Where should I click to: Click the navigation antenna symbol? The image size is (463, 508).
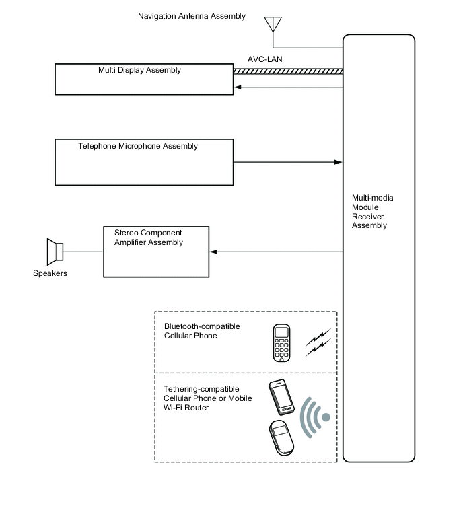coord(272,24)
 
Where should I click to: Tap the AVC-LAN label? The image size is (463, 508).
coord(265,59)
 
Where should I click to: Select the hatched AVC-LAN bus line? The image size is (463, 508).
coord(288,71)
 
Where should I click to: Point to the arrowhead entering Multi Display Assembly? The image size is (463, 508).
coord(238,87)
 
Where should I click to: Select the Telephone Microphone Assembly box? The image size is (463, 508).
coord(144,162)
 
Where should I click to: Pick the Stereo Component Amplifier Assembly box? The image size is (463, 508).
coord(156,252)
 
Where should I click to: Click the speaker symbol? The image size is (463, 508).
coord(55,252)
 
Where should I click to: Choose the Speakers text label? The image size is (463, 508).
coord(50,273)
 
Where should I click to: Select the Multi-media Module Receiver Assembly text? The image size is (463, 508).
coord(373,212)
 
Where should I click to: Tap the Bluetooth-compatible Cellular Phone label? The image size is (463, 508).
coord(202,331)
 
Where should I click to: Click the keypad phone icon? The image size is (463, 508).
coord(282,343)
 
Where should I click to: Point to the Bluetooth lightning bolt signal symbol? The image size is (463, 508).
coord(318,342)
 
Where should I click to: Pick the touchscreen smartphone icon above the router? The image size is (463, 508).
coord(281,398)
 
